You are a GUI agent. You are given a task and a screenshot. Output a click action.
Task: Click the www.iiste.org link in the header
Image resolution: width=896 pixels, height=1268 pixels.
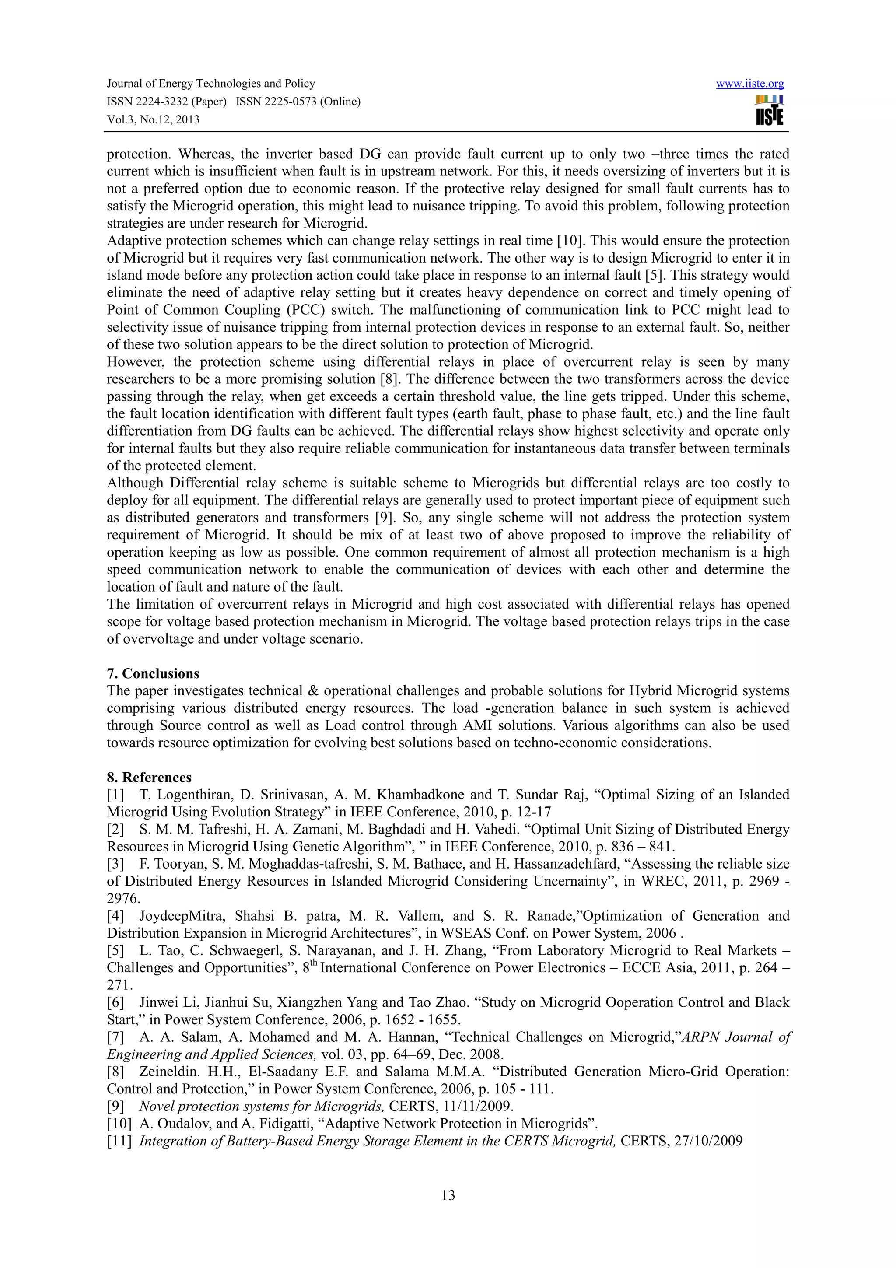pyautogui.click(x=750, y=84)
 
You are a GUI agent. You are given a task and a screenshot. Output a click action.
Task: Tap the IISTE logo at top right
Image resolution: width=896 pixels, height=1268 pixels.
pyautogui.click(x=769, y=110)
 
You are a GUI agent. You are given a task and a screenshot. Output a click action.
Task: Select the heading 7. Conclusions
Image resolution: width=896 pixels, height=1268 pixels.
pyautogui.click(x=153, y=673)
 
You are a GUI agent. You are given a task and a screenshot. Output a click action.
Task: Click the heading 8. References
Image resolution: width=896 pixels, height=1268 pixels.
pyautogui.click(x=149, y=777)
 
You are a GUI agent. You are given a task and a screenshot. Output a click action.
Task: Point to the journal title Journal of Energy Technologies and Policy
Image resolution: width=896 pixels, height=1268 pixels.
pyautogui.click(x=210, y=84)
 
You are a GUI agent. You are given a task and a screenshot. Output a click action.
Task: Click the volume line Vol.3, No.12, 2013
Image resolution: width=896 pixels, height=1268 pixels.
pyautogui.click(x=153, y=119)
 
